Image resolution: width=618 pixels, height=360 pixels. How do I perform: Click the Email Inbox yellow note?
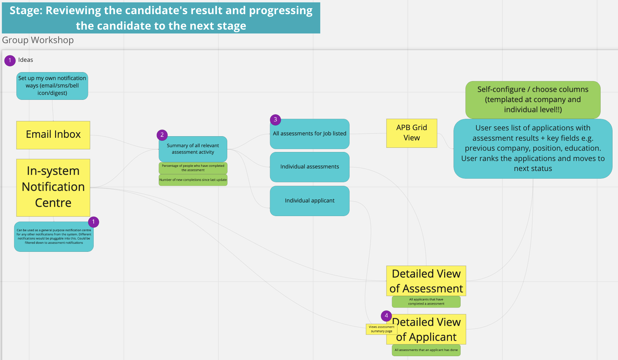53,135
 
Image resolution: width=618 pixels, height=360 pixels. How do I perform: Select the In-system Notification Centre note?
53,187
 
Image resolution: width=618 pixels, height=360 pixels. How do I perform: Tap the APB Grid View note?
411,133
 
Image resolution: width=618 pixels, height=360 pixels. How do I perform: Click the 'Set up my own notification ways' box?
52,86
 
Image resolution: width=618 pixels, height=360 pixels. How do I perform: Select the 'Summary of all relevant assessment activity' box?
193,149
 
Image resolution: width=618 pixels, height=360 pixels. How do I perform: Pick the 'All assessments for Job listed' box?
309,134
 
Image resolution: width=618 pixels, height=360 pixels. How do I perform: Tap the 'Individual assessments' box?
309,167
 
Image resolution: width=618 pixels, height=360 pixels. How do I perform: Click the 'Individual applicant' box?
309,201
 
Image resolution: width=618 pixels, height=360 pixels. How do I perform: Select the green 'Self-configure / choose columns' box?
533,99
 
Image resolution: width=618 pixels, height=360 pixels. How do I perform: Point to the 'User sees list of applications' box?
533,148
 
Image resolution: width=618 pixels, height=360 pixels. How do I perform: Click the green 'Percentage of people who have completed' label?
193,168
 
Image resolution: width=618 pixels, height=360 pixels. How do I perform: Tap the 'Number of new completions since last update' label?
193,180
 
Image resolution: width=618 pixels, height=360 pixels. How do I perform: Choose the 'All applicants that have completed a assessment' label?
426,302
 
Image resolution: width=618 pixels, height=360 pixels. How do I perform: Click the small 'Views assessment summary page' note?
381,329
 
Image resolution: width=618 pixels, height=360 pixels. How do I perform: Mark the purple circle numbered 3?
275,119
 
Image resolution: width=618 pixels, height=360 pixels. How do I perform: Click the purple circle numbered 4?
386,316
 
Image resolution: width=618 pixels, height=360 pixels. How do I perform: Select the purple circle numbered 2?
162,135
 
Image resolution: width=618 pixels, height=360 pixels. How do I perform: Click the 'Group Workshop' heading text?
38,40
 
